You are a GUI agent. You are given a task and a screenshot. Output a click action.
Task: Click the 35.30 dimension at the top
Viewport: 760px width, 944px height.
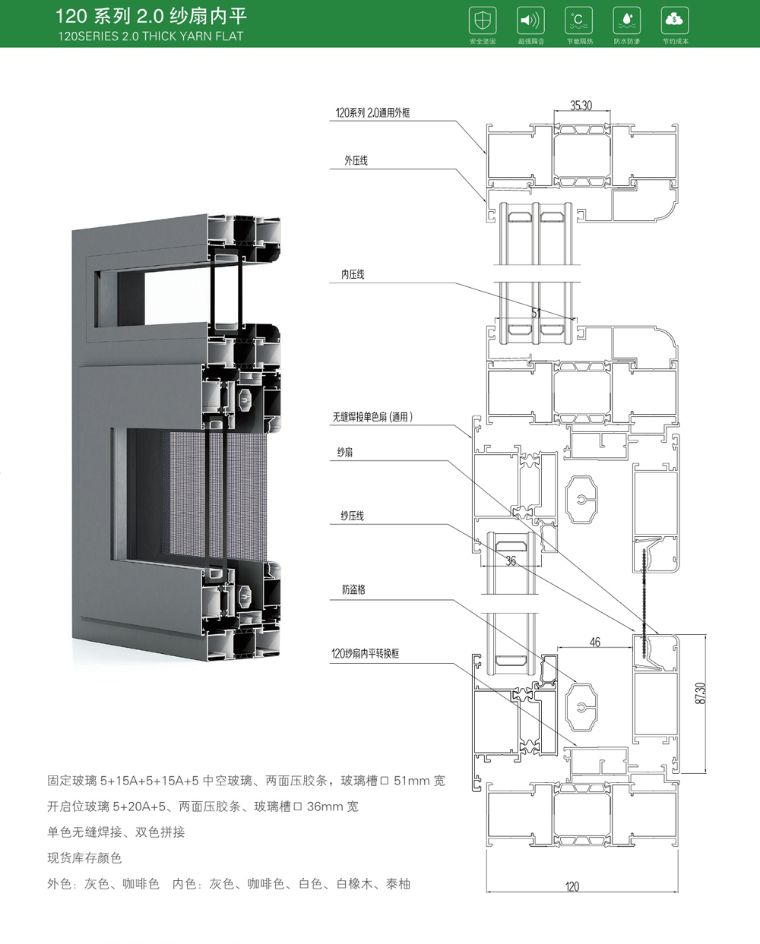[x=581, y=106]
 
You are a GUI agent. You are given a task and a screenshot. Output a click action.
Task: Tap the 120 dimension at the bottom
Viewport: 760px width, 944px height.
[x=572, y=886]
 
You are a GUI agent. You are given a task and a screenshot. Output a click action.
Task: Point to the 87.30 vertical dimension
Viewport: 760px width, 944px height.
[x=701, y=693]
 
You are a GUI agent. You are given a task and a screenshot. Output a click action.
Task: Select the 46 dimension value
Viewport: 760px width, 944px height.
[x=594, y=642]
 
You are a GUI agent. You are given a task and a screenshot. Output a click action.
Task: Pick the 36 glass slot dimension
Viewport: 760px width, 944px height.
[x=511, y=561]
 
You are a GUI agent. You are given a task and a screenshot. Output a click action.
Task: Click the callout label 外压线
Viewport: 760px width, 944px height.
[x=356, y=161]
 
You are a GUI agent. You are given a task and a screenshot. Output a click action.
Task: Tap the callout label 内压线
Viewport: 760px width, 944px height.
[x=353, y=274]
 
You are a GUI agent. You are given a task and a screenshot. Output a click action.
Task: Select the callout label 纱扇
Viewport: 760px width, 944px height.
[x=344, y=453]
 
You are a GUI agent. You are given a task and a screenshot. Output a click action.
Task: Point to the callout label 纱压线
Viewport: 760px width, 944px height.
[x=352, y=516]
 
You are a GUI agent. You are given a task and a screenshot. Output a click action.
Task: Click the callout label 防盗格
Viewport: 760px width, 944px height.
[x=353, y=589]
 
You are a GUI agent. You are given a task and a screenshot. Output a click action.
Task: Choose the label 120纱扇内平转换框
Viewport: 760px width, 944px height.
[x=366, y=653]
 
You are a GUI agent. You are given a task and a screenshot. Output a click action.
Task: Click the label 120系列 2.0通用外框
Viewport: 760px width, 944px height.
[x=373, y=113]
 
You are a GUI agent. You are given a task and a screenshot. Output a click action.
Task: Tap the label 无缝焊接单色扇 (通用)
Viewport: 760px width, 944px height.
[x=372, y=417]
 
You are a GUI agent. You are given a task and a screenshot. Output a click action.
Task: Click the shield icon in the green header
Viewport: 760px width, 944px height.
[x=483, y=20]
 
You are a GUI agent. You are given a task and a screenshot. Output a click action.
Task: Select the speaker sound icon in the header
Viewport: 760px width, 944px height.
[x=530, y=20]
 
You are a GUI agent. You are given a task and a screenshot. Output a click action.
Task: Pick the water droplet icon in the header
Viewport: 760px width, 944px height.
[x=626, y=20]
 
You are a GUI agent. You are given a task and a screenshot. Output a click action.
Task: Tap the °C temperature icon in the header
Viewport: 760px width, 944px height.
[x=579, y=20]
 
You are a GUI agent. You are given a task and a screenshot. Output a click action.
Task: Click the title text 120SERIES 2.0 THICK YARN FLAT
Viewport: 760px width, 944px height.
[x=150, y=36]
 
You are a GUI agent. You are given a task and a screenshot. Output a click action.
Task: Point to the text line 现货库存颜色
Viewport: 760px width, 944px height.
[x=84, y=858]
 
